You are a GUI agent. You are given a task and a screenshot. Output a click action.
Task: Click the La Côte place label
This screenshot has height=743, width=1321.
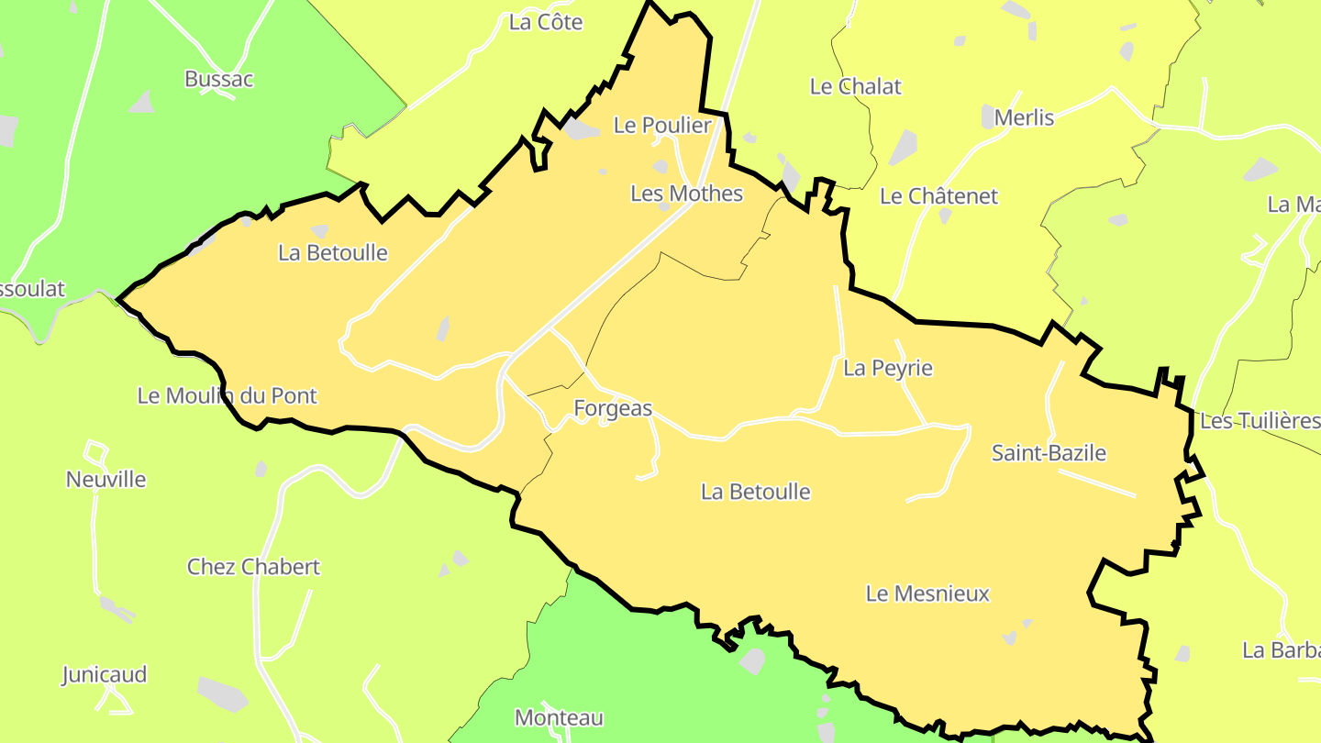pos(546,23)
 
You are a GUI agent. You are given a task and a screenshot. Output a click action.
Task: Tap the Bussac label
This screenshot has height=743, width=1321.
pos(219,79)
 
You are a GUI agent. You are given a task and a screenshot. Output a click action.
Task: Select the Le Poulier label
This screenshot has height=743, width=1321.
pos(662,126)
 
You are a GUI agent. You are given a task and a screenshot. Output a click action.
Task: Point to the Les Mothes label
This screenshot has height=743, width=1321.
pos(686,194)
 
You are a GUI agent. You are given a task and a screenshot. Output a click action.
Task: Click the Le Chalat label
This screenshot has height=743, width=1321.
pos(855,86)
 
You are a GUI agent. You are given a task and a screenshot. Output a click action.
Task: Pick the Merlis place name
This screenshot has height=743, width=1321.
pos(1024,117)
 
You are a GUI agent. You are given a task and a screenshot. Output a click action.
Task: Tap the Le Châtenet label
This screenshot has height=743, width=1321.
pos(938,196)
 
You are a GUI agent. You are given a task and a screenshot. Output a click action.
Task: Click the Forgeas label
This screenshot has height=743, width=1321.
pos(613,409)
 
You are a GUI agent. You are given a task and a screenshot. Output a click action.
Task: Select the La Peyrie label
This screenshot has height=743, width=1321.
pos(887,369)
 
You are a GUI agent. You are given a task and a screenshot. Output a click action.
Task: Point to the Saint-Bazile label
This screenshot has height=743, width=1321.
pos(1049,453)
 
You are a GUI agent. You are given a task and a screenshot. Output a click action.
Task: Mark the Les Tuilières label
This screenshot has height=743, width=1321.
pos(1260,421)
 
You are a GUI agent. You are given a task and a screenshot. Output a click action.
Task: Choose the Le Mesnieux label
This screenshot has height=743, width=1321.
pos(927,594)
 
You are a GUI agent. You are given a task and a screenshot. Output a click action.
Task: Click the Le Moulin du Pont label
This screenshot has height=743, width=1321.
pos(227,396)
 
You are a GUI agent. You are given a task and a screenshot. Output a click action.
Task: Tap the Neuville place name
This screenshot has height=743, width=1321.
pos(105,480)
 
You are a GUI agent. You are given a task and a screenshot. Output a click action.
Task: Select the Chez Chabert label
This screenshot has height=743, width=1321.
pos(253,567)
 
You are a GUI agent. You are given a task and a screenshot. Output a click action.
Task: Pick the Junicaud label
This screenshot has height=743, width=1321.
pos(104,675)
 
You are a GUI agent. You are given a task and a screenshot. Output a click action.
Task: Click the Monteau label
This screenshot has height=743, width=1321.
pos(559,717)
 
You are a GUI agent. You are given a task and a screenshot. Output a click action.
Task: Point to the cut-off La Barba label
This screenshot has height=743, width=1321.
pos(1281,650)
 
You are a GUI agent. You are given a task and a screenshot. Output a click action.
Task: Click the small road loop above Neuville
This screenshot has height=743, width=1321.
pos(95,452)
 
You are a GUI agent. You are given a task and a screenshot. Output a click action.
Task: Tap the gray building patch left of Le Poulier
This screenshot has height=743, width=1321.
pos(580,129)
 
